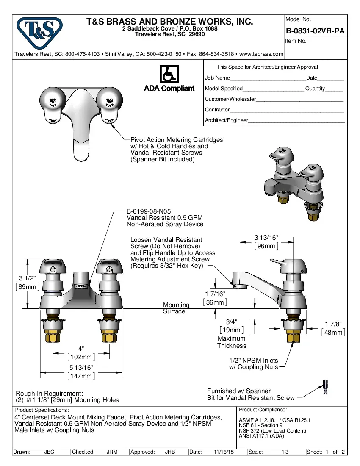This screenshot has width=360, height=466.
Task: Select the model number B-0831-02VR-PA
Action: point(315,31)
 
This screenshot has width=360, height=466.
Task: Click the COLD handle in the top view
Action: point(109,105)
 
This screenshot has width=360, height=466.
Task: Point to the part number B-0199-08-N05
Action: point(149,211)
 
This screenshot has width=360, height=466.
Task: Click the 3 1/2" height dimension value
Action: point(27,278)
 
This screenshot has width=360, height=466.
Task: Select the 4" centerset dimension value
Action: point(81,348)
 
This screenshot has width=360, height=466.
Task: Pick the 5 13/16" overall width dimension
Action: point(81,368)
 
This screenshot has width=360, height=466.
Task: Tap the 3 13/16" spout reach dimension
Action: point(266,237)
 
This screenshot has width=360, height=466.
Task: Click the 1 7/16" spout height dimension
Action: point(215,294)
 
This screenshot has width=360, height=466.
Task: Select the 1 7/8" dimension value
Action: point(333,324)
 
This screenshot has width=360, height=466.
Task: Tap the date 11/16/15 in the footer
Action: point(223,452)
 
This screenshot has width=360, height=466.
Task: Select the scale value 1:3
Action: point(285,452)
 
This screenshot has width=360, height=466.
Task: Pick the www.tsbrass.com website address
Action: point(261,54)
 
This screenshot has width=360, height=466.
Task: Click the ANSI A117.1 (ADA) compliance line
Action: point(261,436)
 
